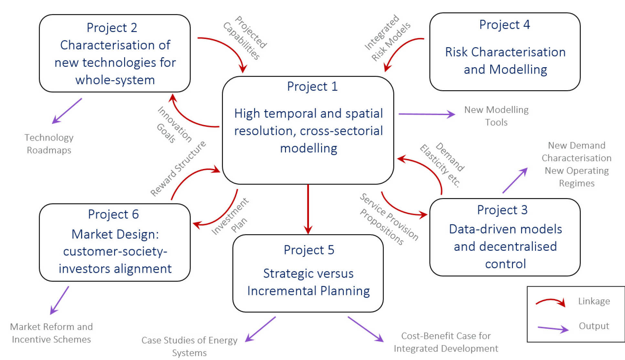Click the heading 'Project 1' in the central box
point(312,87)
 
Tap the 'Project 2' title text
point(112,28)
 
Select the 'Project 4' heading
point(504,25)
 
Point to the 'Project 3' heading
point(502,210)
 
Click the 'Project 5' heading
point(309,250)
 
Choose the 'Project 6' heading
point(113,214)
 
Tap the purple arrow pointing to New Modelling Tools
point(427,114)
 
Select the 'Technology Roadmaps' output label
point(49,144)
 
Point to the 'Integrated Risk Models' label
point(387,38)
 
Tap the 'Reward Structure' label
point(178,168)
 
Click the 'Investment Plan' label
point(230,216)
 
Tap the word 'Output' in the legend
point(594,326)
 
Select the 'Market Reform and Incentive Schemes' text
point(51,333)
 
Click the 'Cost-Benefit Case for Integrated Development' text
point(446,342)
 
